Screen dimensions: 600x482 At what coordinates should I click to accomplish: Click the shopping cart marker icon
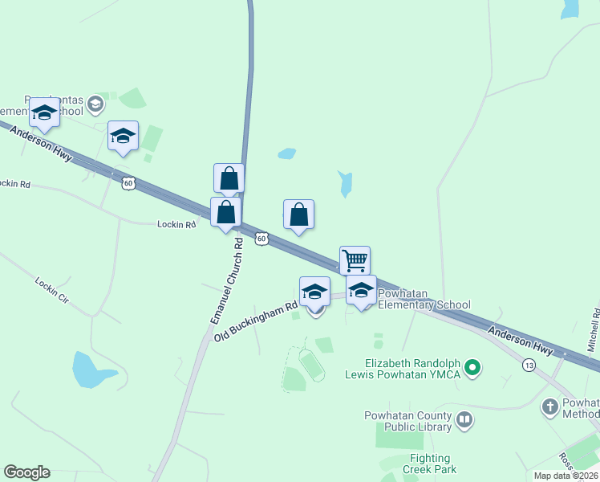pos(355,260)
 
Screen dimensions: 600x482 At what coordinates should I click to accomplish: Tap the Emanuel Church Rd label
pos(226,281)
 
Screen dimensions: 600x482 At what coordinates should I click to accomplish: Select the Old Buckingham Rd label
pos(256,321)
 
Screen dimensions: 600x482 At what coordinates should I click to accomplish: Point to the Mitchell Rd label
pos(593,329)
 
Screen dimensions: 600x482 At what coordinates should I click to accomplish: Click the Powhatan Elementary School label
pos(424,299)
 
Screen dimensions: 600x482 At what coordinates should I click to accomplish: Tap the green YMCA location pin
pos(473,369)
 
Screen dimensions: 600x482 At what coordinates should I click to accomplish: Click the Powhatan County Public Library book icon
pos(464,419)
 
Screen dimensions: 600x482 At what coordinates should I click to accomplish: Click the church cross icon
pos(550,406)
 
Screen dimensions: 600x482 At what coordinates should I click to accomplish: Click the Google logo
pos(27,472)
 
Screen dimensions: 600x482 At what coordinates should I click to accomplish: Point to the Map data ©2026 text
pos(566,476)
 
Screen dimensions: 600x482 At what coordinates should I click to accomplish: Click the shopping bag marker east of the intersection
pos(298,214)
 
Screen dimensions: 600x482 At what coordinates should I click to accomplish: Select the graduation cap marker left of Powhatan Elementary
pos(314,291)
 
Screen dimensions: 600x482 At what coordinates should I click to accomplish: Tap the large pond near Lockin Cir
pos(94,370)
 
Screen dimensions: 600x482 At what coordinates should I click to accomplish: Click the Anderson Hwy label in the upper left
pos(42,141)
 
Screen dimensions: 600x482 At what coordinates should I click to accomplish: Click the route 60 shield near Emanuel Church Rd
pos(261,239)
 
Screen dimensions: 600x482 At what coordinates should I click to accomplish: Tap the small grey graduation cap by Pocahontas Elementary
pos(95,103)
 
